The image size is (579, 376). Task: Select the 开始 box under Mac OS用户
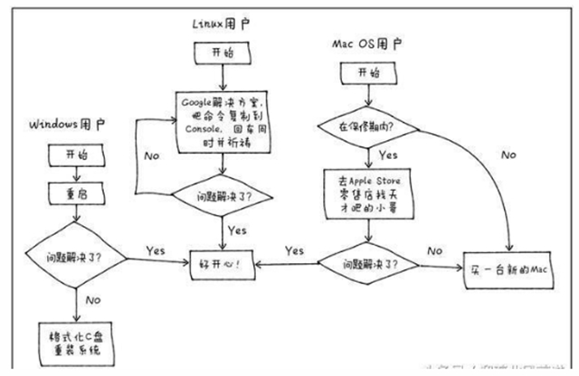click(x=366, y=72)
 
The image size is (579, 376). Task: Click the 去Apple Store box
click(x=366, y=193)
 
